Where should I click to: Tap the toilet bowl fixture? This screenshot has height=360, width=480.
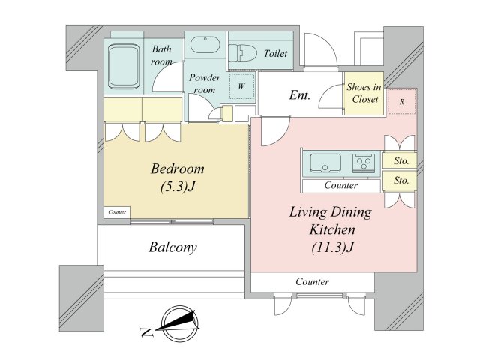pos(243,53)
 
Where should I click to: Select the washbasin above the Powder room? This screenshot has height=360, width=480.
pos(205,45)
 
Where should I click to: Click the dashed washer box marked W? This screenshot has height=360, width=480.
pos(241,86)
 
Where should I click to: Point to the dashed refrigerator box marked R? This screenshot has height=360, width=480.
pos(402,102)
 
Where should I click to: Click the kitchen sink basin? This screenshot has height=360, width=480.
pos(325,163)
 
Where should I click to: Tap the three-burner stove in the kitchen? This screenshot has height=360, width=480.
pos(364,162)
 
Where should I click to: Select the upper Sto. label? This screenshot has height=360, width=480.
pos(401,160)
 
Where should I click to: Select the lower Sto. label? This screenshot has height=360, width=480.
pos(401,181)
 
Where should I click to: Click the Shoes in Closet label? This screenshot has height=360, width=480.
pos(364,93)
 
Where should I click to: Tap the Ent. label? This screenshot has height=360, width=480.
pos(300,95)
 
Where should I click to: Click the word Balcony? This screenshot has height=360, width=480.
pos(172,247)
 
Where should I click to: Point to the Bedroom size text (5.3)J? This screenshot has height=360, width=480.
pos(178,187)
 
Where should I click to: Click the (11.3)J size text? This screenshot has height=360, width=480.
pos(332,247)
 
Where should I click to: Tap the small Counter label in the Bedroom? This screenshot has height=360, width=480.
pos(117,211)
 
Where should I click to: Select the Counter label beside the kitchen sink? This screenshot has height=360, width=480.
pos(341,185)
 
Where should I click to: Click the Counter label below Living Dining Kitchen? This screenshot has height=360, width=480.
pos(312,282)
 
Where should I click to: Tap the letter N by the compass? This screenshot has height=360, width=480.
pos(146,331)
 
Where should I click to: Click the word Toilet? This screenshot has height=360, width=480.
pos(275,54)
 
